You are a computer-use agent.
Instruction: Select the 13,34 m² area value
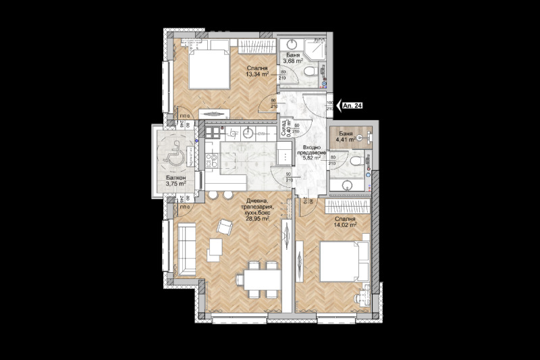point(257,75)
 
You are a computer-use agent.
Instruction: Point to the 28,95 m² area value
point(258,219)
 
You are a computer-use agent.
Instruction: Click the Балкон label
point(176,179)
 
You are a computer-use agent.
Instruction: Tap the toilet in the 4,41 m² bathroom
point(355,161)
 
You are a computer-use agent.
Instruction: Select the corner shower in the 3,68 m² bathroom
point(315,49)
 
